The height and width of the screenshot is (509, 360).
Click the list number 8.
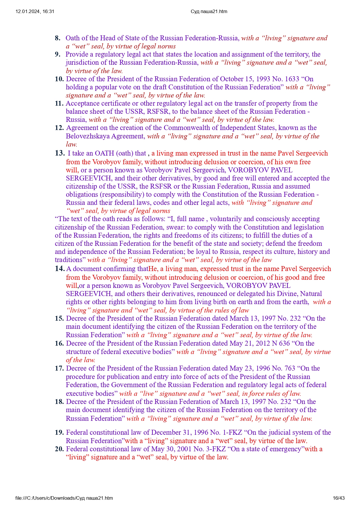pos(57,38)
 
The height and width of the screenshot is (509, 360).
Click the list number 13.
pos(60,153)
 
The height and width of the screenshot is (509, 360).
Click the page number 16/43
pos(339,498)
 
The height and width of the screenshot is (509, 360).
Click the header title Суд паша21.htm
pos(209,12)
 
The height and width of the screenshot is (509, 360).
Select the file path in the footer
pos(64,498)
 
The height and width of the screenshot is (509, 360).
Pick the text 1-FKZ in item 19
pos(232,432)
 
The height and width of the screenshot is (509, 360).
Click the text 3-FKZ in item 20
pos(215,449)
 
